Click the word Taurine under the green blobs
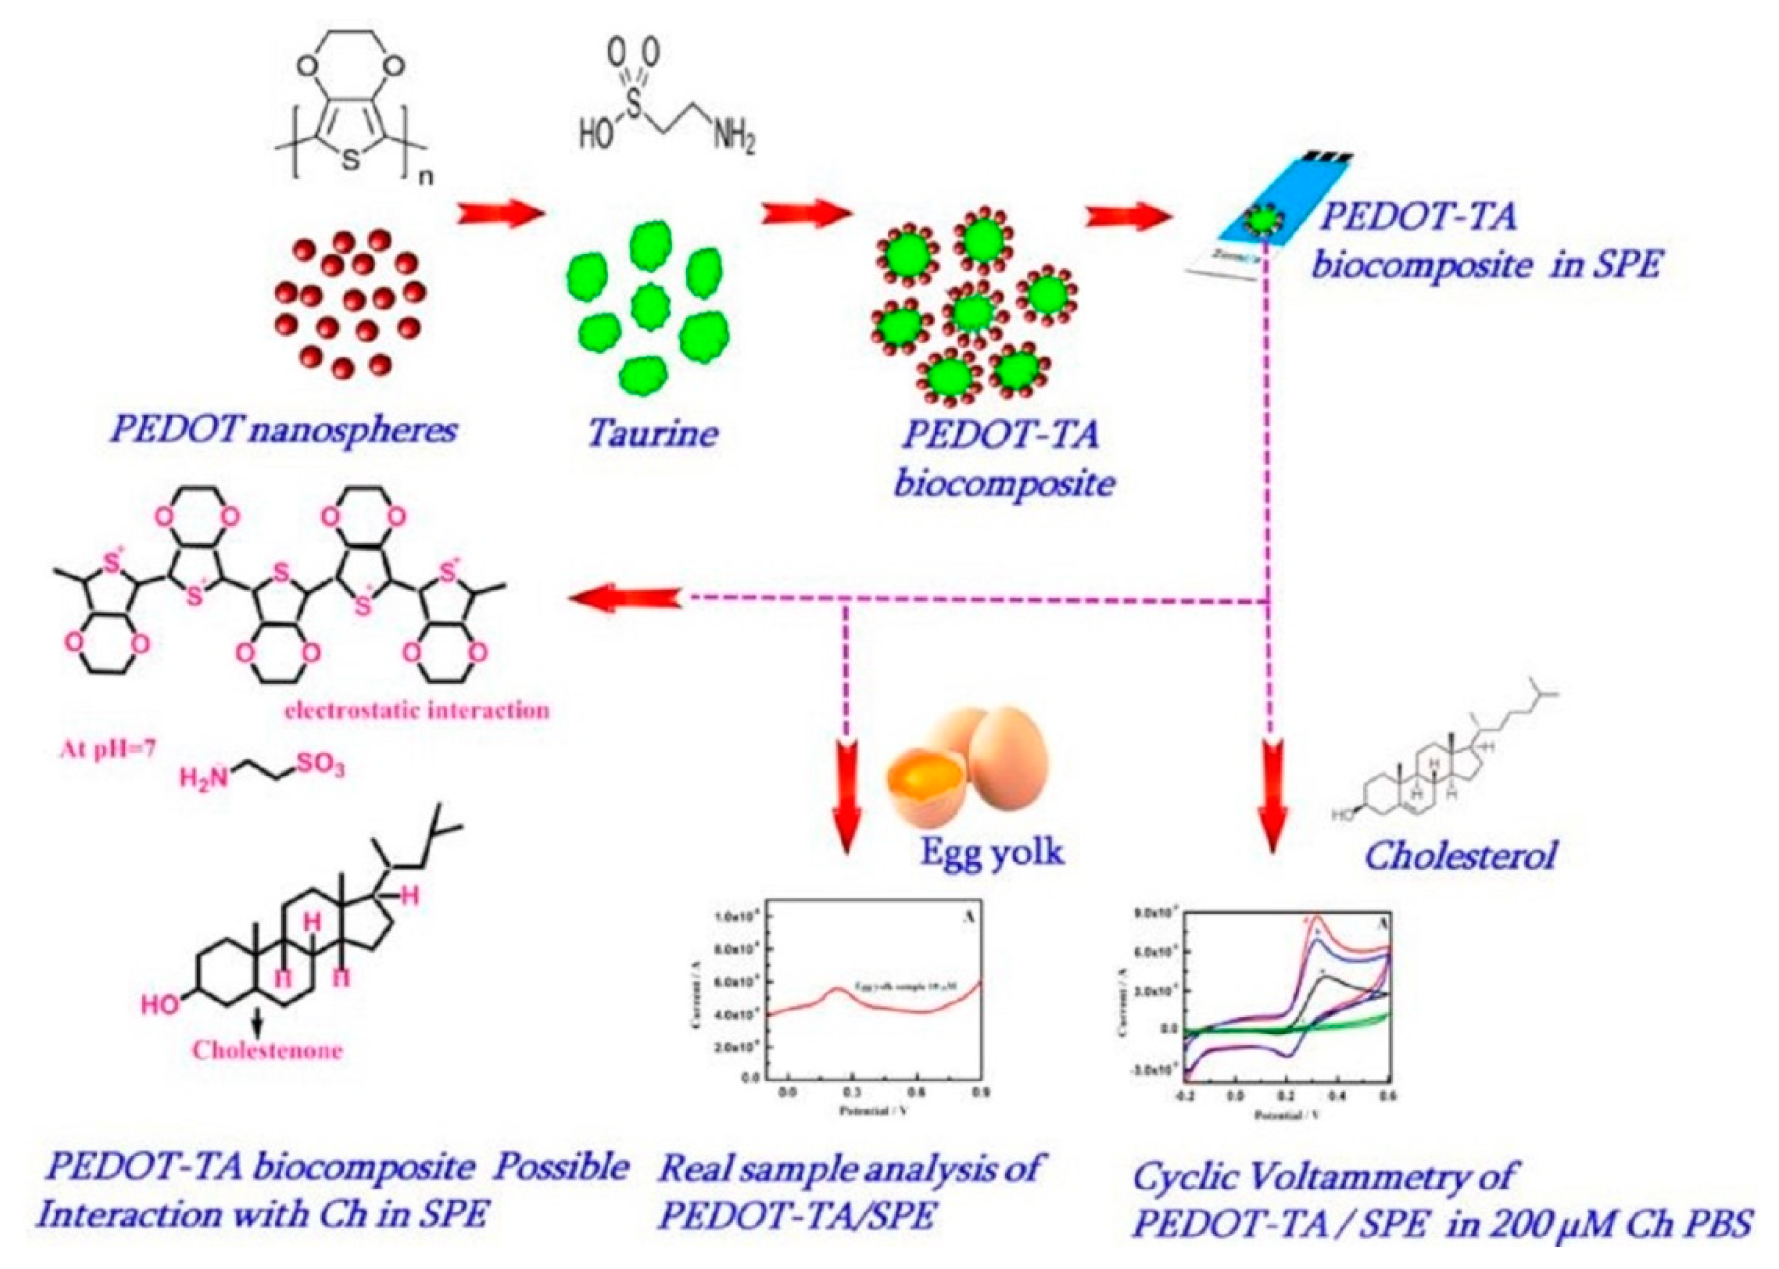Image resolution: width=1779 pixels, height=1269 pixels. coord(652,431)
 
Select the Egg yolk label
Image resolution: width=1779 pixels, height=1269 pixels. coord(991,850)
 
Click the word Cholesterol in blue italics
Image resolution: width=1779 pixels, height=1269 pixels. coord(1459,855)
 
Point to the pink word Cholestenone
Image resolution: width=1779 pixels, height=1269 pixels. coord(267,1050)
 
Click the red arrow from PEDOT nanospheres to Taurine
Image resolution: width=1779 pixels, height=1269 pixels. coord(500,213)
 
